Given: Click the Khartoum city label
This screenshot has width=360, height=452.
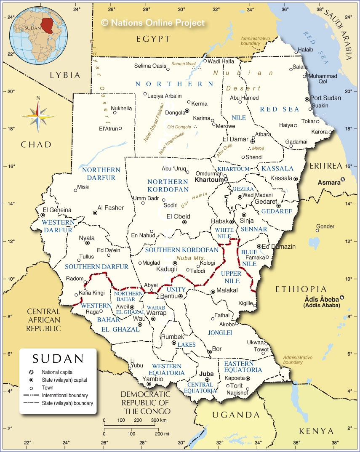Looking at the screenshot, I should (x=209, y=180).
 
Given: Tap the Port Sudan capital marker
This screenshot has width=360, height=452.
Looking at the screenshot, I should (x=307, y=99).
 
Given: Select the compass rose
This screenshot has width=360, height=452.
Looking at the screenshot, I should (x=38, y=114).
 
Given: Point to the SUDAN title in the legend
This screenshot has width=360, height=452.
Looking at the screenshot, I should (x=58, y=359).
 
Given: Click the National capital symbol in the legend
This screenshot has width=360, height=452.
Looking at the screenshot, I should (x=31, y=372).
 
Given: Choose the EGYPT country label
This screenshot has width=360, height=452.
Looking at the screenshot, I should (x=153, y=39).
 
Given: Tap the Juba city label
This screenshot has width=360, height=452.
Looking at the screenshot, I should (x=206, y=373).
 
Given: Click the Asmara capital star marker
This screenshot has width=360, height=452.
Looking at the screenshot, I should (x=343, y=180).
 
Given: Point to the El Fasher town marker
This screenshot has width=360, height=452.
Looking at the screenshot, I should (x=95, y=213).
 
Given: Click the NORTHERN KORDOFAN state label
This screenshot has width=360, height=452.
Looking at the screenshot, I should (x=168, y=186).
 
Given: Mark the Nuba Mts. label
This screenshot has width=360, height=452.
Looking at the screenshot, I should (x=191, y=258).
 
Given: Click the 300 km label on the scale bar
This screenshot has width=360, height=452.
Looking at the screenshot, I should (x=158, y=420).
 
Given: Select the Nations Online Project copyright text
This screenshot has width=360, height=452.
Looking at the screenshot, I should (x=153, y=23).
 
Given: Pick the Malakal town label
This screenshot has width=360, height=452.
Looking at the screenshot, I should (x=227, y=290).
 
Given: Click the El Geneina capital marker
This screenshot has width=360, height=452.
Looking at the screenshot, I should (x=43, y=215).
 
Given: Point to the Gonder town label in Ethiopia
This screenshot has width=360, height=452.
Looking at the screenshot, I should (x=325, y=226).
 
